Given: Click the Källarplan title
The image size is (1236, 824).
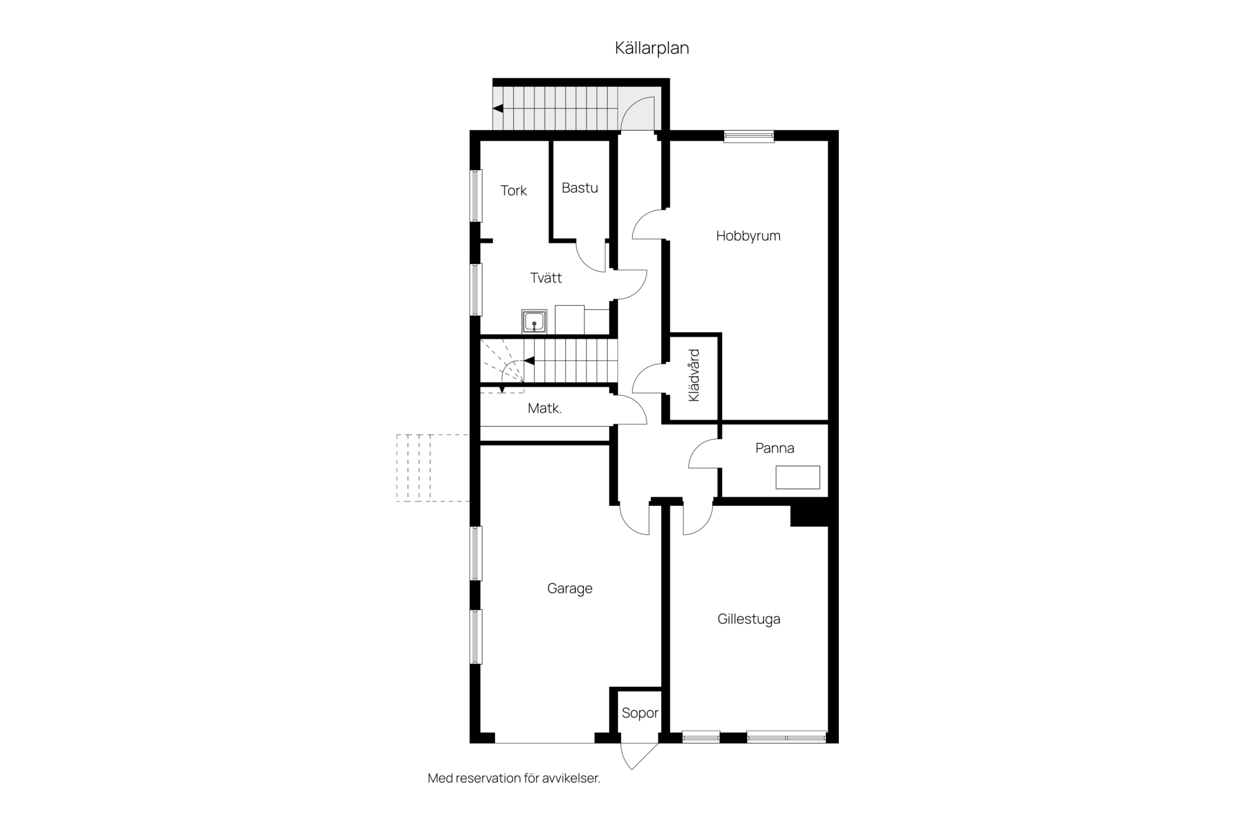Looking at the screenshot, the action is tap(651, 48).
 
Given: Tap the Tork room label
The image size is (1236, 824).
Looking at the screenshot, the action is tap(514, 191).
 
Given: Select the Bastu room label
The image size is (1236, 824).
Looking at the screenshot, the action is tap(579, 188).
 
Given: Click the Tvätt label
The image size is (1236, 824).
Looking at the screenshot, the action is tap(546, 278).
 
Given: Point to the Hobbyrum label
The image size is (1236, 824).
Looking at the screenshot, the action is tap(748, 236).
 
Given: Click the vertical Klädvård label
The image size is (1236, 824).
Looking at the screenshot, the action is tap(694, 375).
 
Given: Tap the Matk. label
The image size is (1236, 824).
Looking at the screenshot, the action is tap(545, 408).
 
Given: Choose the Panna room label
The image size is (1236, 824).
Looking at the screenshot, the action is tap(774, 448).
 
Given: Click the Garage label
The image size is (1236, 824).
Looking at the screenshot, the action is tap(570, 588).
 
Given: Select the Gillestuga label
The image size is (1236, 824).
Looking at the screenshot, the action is tap(749, 619).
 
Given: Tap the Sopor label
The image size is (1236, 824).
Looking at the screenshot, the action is tap(640, 713).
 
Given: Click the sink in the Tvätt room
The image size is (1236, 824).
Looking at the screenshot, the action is tap(534, 321).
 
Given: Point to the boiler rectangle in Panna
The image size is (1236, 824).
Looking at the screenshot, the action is tap(798, 477).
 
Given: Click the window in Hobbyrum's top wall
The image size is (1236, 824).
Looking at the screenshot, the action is tap(749, 136).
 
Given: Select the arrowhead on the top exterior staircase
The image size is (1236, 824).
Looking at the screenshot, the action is tap(498, 109).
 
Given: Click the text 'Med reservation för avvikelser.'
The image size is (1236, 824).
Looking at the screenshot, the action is tap(514, 778).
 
